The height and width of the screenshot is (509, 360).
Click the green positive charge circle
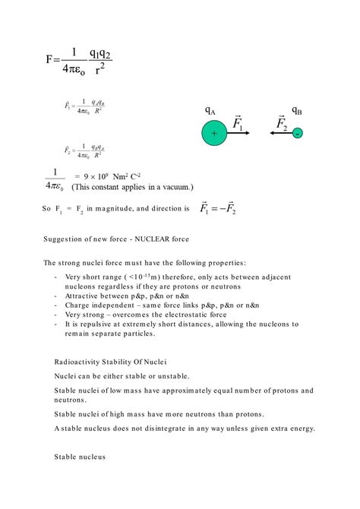215,134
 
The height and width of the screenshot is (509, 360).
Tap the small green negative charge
298,133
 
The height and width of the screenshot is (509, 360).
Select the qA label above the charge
210,111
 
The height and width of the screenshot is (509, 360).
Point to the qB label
296,111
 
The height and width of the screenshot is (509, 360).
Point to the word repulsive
93,324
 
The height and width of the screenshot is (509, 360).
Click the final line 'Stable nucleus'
80,457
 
